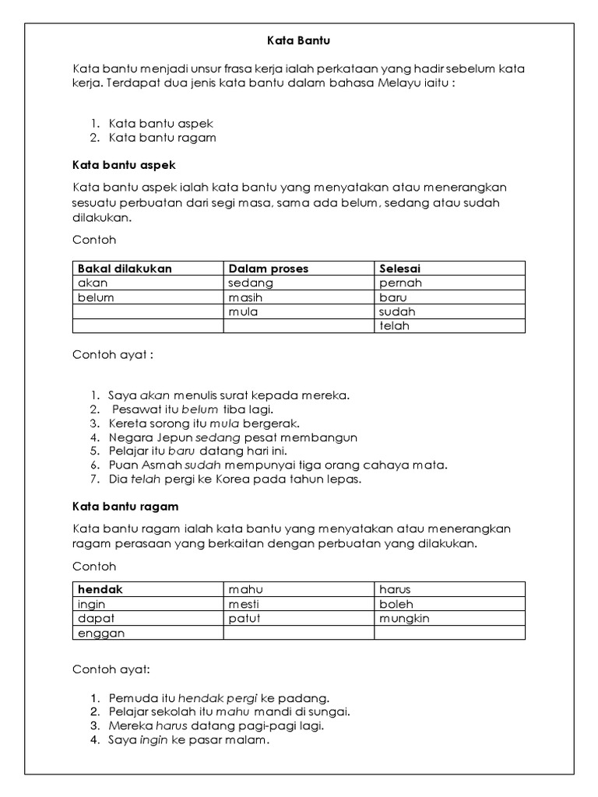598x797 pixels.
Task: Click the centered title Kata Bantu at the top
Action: (x=298, y=38)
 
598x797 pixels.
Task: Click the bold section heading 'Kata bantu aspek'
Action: (x=124, y=165)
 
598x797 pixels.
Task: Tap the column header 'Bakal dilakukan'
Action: (x=125, y=269)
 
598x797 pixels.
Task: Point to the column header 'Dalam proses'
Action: (x=268, y=269)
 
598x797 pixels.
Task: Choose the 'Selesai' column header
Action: (x=400, y=269)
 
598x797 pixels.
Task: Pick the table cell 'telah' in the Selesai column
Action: (x=394, y=326)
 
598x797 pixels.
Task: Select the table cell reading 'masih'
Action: (x=245, y=297)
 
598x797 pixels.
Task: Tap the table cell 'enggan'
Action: (x=101, y=633)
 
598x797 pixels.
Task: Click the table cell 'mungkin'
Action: (x=404, y=619)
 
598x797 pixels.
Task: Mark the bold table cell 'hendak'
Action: (x=100, y=590)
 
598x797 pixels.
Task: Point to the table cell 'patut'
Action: (x=244, y=619)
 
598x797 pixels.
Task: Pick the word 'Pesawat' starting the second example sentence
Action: (x=134, y=409)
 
